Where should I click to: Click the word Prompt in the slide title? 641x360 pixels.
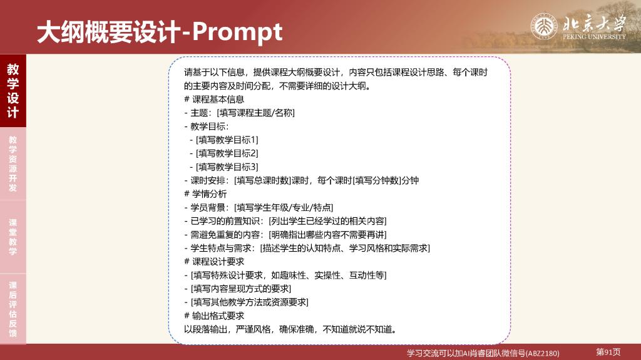coord(237,33)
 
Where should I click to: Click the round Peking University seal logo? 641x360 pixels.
coord(544,26)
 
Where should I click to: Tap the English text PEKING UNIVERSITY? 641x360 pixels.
coord(594,36)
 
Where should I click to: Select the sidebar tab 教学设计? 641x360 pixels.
coord(13,90)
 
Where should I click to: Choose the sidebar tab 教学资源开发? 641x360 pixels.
coord(13,163)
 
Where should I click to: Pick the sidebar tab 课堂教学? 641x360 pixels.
coord(13,237)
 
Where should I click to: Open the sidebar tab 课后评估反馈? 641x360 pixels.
coord(13,309)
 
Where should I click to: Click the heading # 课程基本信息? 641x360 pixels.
coord(214,100)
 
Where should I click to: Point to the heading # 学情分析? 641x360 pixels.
coord(205,194)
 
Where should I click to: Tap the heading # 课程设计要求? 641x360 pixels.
coord(214,262)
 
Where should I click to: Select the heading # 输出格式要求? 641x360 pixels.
coord(214,316)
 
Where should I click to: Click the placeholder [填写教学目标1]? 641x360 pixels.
coord(227,140)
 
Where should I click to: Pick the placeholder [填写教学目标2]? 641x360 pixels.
coord(227,153)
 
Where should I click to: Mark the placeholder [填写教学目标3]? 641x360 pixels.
coord(227,167)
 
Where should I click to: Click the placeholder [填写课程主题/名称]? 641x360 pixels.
coord(255,113)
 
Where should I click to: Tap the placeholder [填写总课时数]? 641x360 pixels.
coord(262,180)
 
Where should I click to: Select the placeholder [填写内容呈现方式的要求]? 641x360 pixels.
coord(241,289)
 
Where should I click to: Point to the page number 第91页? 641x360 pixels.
coord(608,352)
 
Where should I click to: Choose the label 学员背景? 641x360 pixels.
coord(208,207)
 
